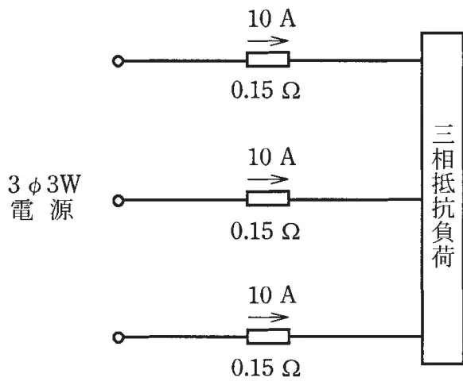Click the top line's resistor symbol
pos(268,60)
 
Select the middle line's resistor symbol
pos(268,198)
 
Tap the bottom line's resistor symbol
pos(268,337)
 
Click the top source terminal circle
pos(118,61)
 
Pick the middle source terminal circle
pos(118,201)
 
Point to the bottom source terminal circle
pos(119,337)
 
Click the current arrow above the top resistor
pos(268,41)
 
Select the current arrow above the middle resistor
pos(268,179)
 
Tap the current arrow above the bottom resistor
pos(268,318)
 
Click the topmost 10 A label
pos(271,19)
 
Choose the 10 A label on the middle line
pos(271,157)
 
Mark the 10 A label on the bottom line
pos(272,295)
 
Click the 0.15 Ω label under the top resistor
pos(266,90)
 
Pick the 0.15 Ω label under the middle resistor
pos(265,231)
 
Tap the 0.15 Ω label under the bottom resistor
pos(266,368)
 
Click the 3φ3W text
pos(45,185)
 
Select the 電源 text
pos(42,210)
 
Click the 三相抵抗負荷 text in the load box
pos(442,196)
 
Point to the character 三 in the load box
pos(443,135)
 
